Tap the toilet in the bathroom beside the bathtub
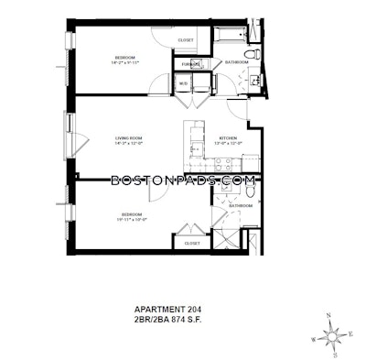[258, 54]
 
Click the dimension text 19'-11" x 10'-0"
[133, 221]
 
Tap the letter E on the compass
[350, 333]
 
